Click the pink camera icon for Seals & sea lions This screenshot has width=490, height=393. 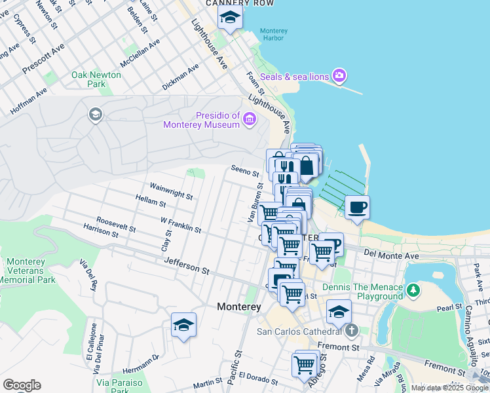(x=339, y=77)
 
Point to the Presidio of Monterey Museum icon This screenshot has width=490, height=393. (x=249, y=119)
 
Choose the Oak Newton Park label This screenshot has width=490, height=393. (x=96, y=79)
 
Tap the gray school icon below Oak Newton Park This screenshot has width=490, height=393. (x=95, y=116)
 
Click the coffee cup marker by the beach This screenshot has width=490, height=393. (x=357, y=208)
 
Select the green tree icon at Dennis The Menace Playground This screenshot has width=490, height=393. (x=413, y=290)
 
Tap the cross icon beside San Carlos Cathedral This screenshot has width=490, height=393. (x=352, y=330)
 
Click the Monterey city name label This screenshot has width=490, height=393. (x=238, y=307)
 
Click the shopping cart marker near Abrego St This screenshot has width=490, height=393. (x=305, y=365)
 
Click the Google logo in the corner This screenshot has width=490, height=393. (x=22, y=385)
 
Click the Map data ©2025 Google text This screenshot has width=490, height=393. (x=449, y=388)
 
